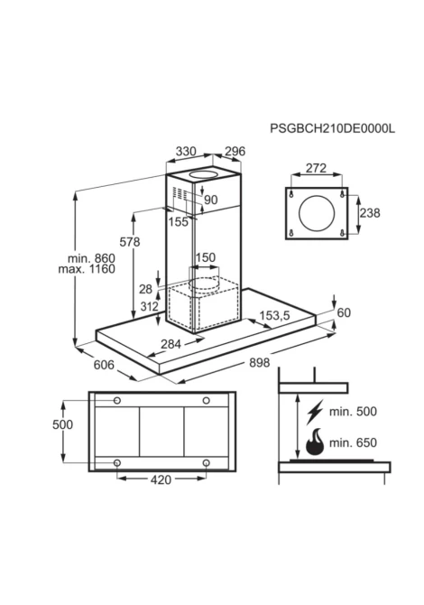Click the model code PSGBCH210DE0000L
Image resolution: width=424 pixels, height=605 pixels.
coord(332,128)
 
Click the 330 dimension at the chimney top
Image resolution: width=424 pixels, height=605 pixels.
coord(186,152)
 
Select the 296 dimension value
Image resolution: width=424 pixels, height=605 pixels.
coord(235,152)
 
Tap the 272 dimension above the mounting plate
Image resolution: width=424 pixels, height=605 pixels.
coord(316,168)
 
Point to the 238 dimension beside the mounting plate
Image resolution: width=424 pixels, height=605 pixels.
coord(370,213)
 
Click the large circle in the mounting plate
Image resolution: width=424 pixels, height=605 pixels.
coord(317,213)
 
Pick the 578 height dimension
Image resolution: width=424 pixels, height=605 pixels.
coord(130,242)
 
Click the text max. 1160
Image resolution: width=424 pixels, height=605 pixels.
coord(87,269)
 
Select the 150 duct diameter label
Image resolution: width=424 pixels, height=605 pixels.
coord(206,257)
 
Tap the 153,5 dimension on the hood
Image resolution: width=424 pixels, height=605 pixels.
coord(274,316)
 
